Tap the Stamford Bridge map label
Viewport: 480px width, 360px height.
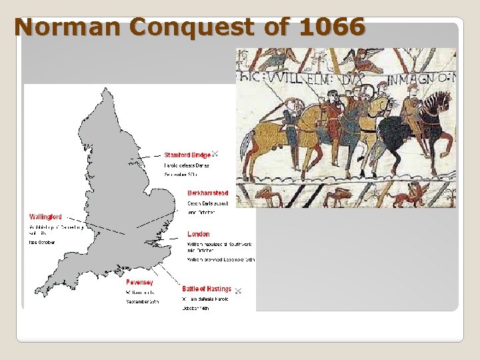[187, 155]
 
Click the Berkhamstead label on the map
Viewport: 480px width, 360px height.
[207, 193]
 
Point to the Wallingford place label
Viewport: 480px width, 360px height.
[45, 217]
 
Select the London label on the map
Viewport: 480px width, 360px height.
[198, 234]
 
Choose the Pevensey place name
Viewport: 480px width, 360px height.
[139, 283]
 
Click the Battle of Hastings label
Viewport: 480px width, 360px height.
[207, 289]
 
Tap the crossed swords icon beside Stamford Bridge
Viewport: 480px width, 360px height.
[215, 155]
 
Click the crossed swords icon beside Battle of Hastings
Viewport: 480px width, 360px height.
[237, 290]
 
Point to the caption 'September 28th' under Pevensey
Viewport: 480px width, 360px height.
[142, 301]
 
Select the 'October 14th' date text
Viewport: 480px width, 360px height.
[195, 309]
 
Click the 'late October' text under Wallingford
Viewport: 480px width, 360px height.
[42, 243]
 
